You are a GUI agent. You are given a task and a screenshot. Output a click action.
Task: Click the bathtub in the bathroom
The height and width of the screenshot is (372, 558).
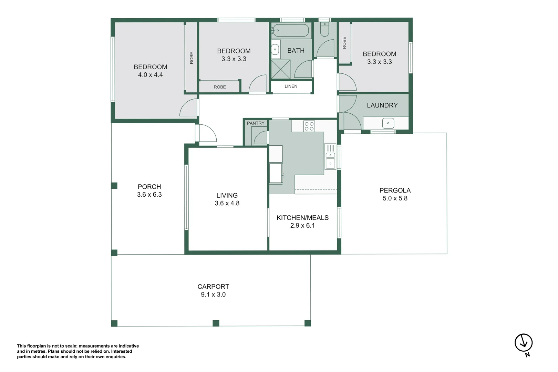pyautogui.click(x=291, y=30)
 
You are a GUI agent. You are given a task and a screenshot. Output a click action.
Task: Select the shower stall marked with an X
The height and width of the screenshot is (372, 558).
pyautogui.click(x=281, y=69)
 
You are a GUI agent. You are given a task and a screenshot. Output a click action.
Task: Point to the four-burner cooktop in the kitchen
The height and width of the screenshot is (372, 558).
pyautogui.click(x=309, y=126)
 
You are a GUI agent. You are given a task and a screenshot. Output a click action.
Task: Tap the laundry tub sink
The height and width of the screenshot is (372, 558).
pyautogui.click(x=388, y=123)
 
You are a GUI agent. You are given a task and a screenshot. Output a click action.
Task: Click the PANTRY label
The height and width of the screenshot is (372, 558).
pyautogui.click(x=256, y=123)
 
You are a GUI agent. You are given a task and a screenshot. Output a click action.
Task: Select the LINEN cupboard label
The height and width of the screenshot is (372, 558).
pyautogui.click(x=291, y=86)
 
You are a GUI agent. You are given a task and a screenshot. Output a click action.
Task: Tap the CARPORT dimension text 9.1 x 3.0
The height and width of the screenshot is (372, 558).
pyautogui.click(x=213, y=294)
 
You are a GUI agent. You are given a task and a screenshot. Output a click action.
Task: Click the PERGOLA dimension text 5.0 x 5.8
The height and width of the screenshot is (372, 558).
pyautogui.click(x=395, y=198)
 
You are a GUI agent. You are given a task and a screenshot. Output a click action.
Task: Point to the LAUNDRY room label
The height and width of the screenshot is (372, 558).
pyautogui.click(x=382, y=105)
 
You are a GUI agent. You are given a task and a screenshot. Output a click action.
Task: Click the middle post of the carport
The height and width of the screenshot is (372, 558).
pyautogui.click(x=216, y=323)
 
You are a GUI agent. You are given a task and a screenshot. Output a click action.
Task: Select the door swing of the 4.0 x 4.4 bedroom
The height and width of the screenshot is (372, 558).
pyautogui.click(x=189, y=108)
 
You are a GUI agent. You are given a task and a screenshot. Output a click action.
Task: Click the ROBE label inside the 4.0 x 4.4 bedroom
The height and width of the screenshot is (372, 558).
pyautogui.click(x=192, y=58)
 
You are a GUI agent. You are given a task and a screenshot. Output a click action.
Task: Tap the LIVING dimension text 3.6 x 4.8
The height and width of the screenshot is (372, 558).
pyautogui.click(x=227, y=203)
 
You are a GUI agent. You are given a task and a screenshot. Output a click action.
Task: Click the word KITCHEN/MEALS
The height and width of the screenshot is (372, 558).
pyautogui.click(x=302, y=218)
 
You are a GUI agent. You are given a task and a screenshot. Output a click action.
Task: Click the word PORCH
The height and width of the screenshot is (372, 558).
pyautogui.click(x=149, y=187)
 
